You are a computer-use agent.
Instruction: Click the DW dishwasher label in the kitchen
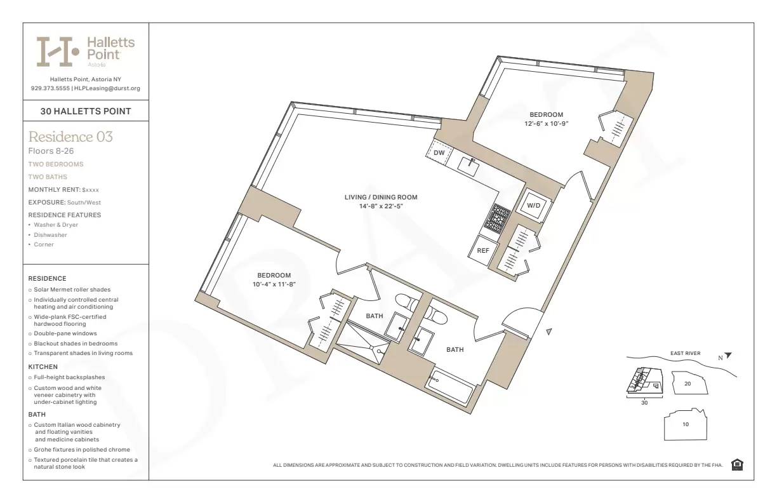point(439,153)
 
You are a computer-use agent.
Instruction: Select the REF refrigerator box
point(483,250)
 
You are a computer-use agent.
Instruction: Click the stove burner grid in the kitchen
point(498,218)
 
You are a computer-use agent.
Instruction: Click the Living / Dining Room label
point(381,197)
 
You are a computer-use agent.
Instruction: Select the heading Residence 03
point(70,137)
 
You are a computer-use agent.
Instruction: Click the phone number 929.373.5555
point(50,88)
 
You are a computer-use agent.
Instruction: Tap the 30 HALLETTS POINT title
point(86,111)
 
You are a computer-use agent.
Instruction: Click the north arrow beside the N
point(728,356)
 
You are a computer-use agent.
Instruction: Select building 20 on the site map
point(687,384)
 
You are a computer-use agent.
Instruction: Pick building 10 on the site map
point(686,424)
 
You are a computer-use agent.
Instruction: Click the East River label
point(685,353)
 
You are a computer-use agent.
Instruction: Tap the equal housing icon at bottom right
point(737,465)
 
